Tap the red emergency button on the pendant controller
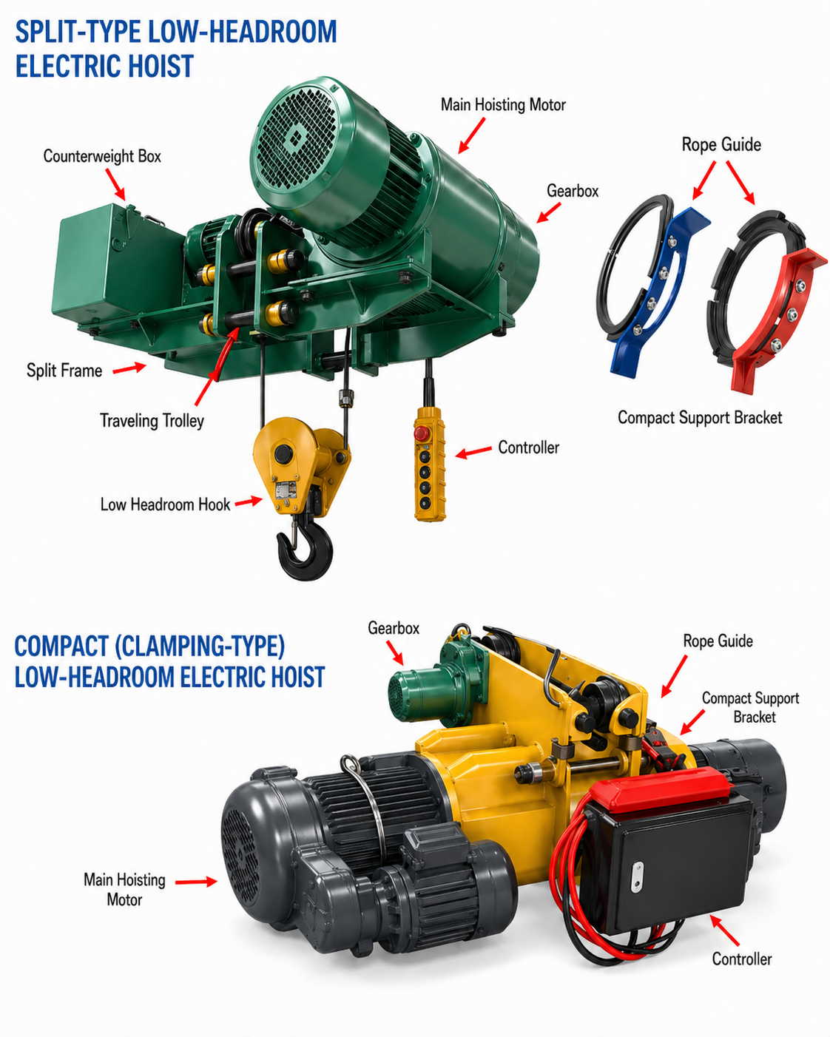click(421, 432)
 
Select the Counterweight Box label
click(102, 156)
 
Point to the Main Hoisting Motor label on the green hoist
click(503, 104)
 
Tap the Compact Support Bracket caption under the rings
click(700, 417)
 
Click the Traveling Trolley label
click(152, 421)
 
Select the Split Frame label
click(64, 371)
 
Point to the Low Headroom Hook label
click(165, 504)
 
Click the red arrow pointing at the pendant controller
click(473, 451)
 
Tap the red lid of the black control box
click(661, 788)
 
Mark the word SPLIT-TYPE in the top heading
click(78, 32)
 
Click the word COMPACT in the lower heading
click(61, 646)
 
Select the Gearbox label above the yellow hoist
click(394, 628)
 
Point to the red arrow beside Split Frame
click(129, 368)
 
